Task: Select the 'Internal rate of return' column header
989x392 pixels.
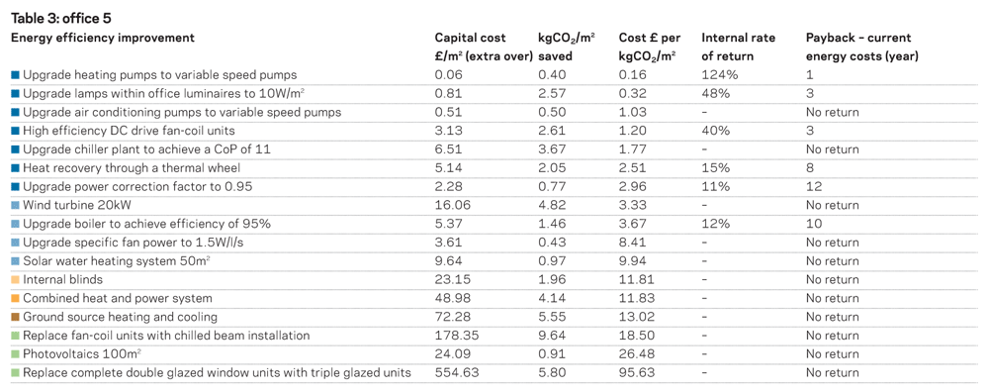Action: pos(739,48)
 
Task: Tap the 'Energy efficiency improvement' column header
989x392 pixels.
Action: pos(103,38)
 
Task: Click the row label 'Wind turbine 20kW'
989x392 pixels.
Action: pos(76,205)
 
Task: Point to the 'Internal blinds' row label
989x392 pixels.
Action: pos(62,279)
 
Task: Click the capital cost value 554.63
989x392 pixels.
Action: pos(457,373)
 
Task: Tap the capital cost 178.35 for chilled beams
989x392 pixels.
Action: pos(457,336)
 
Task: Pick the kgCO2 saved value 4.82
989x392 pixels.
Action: pos(552,205)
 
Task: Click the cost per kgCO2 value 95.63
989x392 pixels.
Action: pos(636,373)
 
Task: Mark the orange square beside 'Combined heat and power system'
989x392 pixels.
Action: pos(16,299)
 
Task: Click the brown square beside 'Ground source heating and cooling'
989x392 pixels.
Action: pos(16,317)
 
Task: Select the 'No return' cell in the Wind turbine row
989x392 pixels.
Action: pos(833,205)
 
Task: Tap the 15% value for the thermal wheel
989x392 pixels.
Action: pos(716,168)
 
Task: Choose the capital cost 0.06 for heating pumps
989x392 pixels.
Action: pos(449,74)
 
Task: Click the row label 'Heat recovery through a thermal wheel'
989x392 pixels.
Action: pos(132,168)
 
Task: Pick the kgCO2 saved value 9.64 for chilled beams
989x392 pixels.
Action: pos(552,336)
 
